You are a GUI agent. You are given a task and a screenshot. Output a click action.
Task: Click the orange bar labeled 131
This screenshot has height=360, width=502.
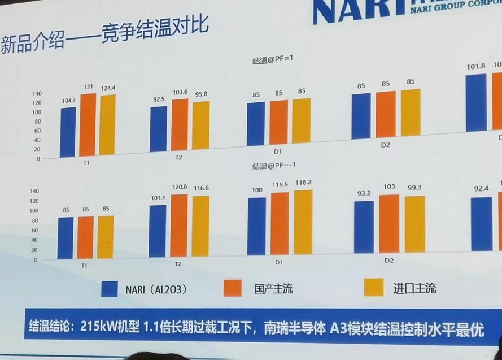pyautogui.click(x=88, y=125)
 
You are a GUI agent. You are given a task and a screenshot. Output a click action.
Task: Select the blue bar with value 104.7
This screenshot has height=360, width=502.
pyautogui.click(x=68, y=132)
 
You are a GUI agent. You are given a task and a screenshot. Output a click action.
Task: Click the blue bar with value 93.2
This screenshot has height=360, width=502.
pyautogui.click(x=364, y=227)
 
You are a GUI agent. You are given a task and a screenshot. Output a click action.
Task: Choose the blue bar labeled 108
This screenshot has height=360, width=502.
pyautogui.click(x=256, y=227)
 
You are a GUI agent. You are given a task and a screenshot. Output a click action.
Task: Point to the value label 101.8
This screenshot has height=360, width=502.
pyautogui.click(x=476, y=66)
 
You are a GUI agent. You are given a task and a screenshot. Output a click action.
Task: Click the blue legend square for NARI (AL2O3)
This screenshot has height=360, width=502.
pyautogui.click(x=110, y=289)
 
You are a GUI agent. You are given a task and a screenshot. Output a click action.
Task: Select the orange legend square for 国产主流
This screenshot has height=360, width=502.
pyautogui.click(x=233, y=288)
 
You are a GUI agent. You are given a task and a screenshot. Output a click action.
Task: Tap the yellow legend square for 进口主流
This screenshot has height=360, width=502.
pyautogui.click(x=374, y=287)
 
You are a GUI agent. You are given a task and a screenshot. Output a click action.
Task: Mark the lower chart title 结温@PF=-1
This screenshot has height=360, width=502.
pyautogui.click(x=272, y=166)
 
